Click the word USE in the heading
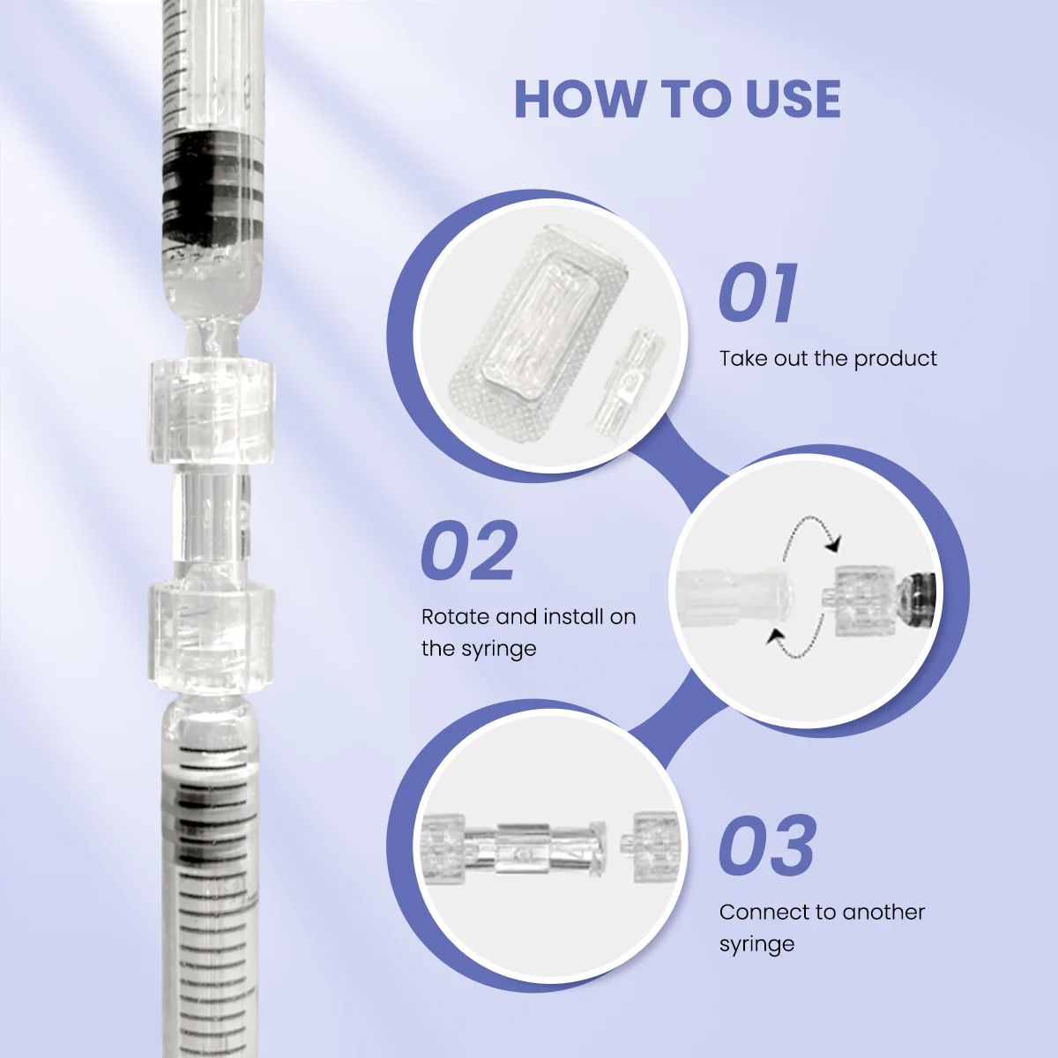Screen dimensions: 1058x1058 pos(793,99)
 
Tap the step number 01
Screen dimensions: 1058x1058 pos(758,293)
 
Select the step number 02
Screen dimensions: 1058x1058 pos(469,550)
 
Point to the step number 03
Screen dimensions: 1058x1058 pos(767,846)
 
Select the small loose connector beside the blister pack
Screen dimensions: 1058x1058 pos(631,379)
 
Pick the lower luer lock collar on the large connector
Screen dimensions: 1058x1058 pos(211,636)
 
